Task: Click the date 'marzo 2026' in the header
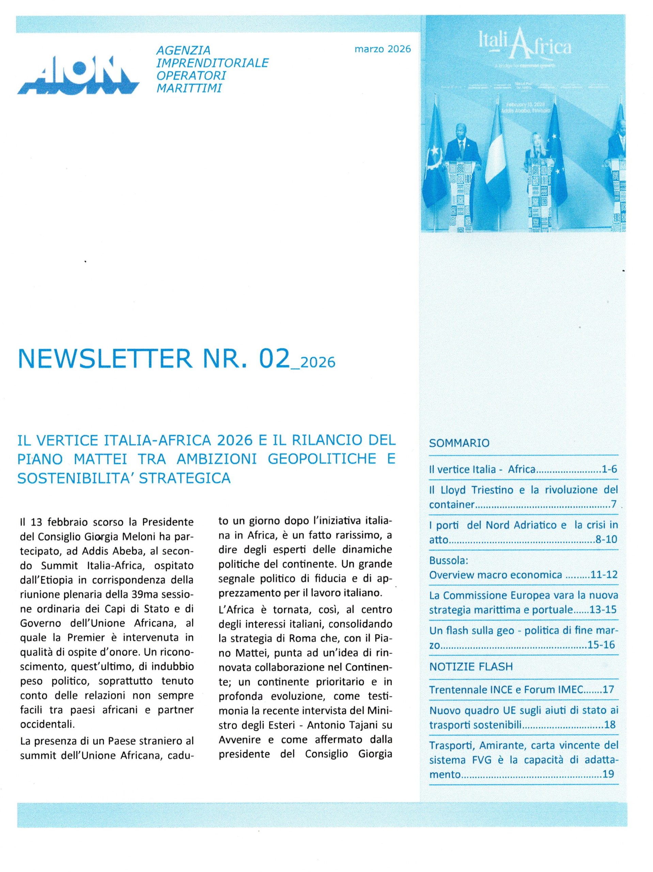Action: (x=382, y=49)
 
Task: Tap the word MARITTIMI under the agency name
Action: (x=189, y=88)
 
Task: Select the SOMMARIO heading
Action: (x=459, y=443)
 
